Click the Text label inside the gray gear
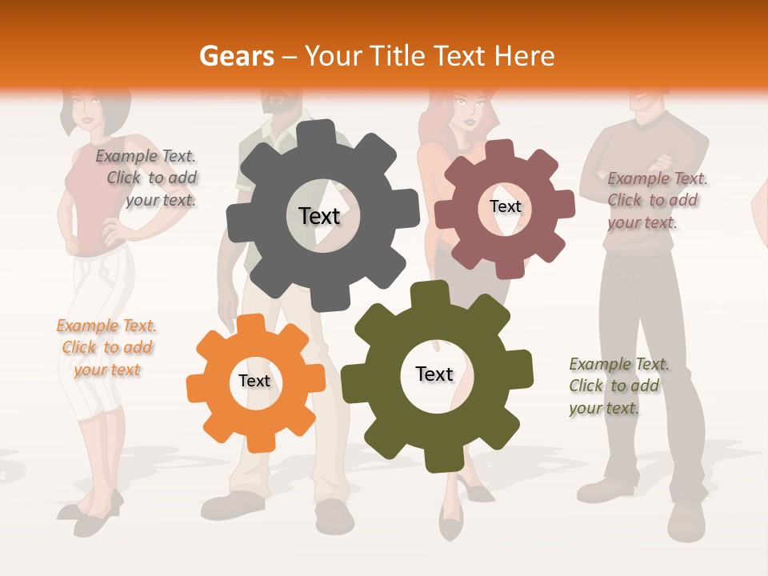[x=319, y=216]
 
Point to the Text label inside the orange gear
[x=254, y=381]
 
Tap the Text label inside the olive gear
[x=434, y=374]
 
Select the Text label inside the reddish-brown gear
[x=506, y=206]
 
